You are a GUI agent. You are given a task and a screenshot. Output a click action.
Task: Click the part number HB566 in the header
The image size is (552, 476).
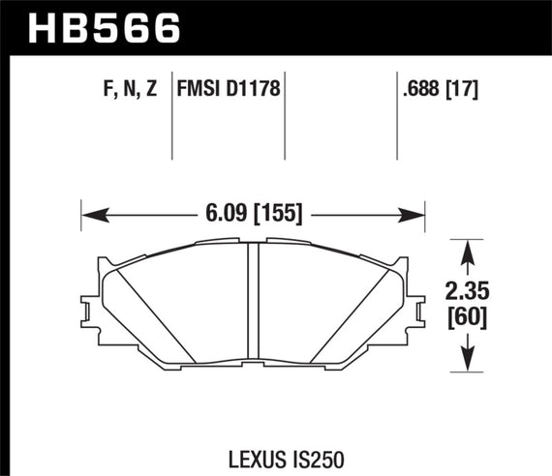pyautogui.click(x=107, y=25)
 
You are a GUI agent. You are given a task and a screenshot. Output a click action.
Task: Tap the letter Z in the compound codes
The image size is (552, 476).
pyautogui.click(x=153, y=90)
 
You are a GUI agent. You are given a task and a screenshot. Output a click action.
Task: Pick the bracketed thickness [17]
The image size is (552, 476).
pyautogui.click(x=465, y=90)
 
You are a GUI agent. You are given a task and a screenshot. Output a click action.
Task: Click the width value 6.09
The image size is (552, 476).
pyautogui.click(x=226, y=208)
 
